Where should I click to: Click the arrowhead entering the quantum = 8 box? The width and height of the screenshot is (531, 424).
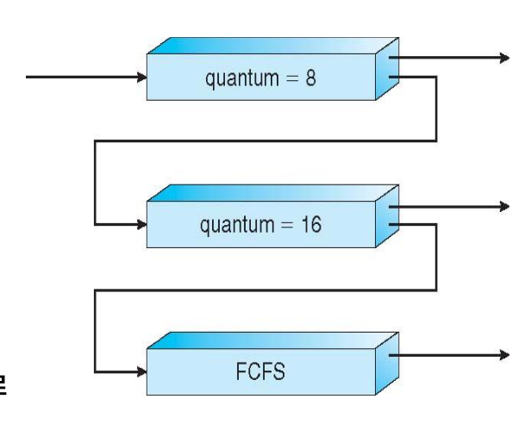coord(142,78)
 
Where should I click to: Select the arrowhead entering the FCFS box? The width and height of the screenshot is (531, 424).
coord(142,372)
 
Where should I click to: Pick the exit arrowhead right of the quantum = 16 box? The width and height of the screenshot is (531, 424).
coord(503,205)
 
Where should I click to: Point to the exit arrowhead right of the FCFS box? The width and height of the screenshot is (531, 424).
coord(503,353)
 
